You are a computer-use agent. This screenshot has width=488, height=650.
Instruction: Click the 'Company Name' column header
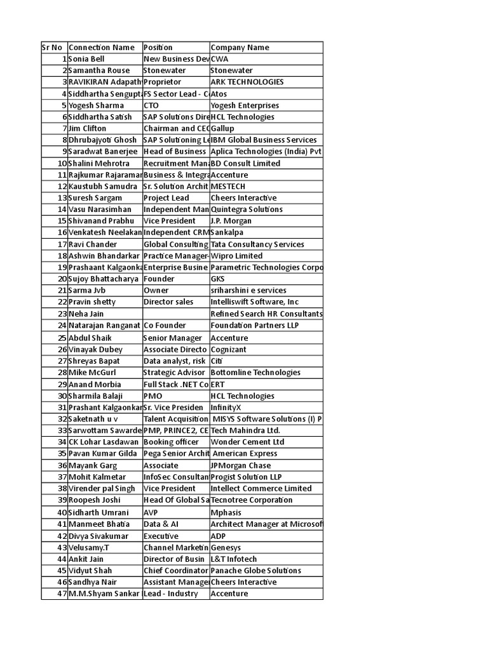coord(240,48)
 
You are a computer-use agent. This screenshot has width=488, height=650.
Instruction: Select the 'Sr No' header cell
coord(52,48)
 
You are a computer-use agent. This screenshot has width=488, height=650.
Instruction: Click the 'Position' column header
coord(158,48)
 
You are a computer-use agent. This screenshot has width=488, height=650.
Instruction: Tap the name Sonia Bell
coord(86,59)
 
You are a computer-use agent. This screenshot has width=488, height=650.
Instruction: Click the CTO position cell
coord(152,105)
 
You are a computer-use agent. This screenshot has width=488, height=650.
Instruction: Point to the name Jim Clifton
coord(88,128)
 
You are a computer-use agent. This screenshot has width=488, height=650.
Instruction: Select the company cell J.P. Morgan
coord(231,221)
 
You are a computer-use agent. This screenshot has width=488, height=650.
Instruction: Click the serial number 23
coord(62,314)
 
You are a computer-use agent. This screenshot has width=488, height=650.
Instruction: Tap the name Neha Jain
coord(86,314)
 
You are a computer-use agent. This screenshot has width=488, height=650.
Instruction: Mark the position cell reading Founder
coord(159,279)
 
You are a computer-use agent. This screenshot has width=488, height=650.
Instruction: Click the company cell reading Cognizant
coord(229,350)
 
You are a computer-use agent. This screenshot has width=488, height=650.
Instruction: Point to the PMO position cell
coord(153,396)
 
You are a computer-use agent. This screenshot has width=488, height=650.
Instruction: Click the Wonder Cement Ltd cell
coord(247,442)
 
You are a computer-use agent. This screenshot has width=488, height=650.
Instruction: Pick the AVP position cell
coord(151,512)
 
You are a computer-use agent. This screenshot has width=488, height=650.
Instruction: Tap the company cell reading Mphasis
coord(226,512)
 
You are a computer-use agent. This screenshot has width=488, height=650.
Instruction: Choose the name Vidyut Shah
coord(90,571)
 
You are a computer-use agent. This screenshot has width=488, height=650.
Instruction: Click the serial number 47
coord(62,594)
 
